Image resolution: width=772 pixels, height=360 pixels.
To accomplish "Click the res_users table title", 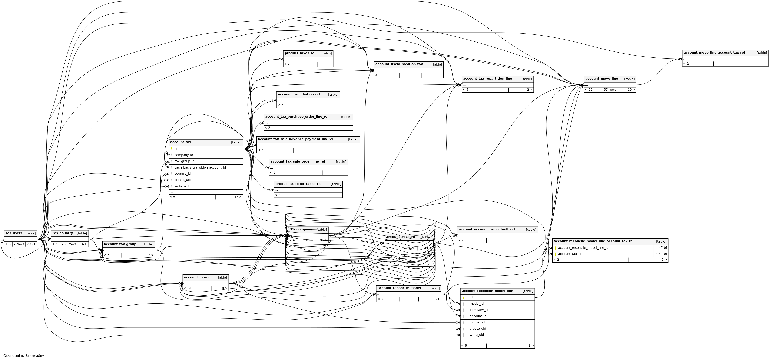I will click(x=14, y=233).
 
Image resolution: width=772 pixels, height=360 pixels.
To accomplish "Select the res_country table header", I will click(x=62, y=233).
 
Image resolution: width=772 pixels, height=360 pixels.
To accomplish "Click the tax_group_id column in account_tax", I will click(x=184, y=161).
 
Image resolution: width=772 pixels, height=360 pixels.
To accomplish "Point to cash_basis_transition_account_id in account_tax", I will click(x=200, y=167).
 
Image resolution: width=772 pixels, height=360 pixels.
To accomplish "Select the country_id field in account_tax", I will click(x=182, y=174).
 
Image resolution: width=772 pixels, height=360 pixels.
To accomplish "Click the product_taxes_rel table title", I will click(x=300, y=53).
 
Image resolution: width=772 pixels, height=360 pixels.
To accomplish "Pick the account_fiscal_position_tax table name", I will click(x=399, y=64).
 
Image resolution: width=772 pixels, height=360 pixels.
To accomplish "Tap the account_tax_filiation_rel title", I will click(x=298, y=94).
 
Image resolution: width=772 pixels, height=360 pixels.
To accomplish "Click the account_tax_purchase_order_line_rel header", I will click(x=296, y=117).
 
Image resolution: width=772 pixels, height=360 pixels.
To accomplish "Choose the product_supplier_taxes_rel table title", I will click(x=298, y=184).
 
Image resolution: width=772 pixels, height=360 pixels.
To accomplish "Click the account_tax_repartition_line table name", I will click(x=487, y=79).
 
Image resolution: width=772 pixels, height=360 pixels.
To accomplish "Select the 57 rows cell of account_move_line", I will click(x=610, y=90).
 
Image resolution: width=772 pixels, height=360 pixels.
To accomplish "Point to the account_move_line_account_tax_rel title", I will click(x=714, y=53).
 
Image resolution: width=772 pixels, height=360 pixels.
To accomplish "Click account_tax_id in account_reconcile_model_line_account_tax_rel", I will click(x=569, y=254).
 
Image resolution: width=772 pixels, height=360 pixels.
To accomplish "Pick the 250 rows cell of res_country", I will click(x=69, y=244).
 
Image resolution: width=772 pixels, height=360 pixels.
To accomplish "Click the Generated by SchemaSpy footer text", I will click(x=23, y=356).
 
